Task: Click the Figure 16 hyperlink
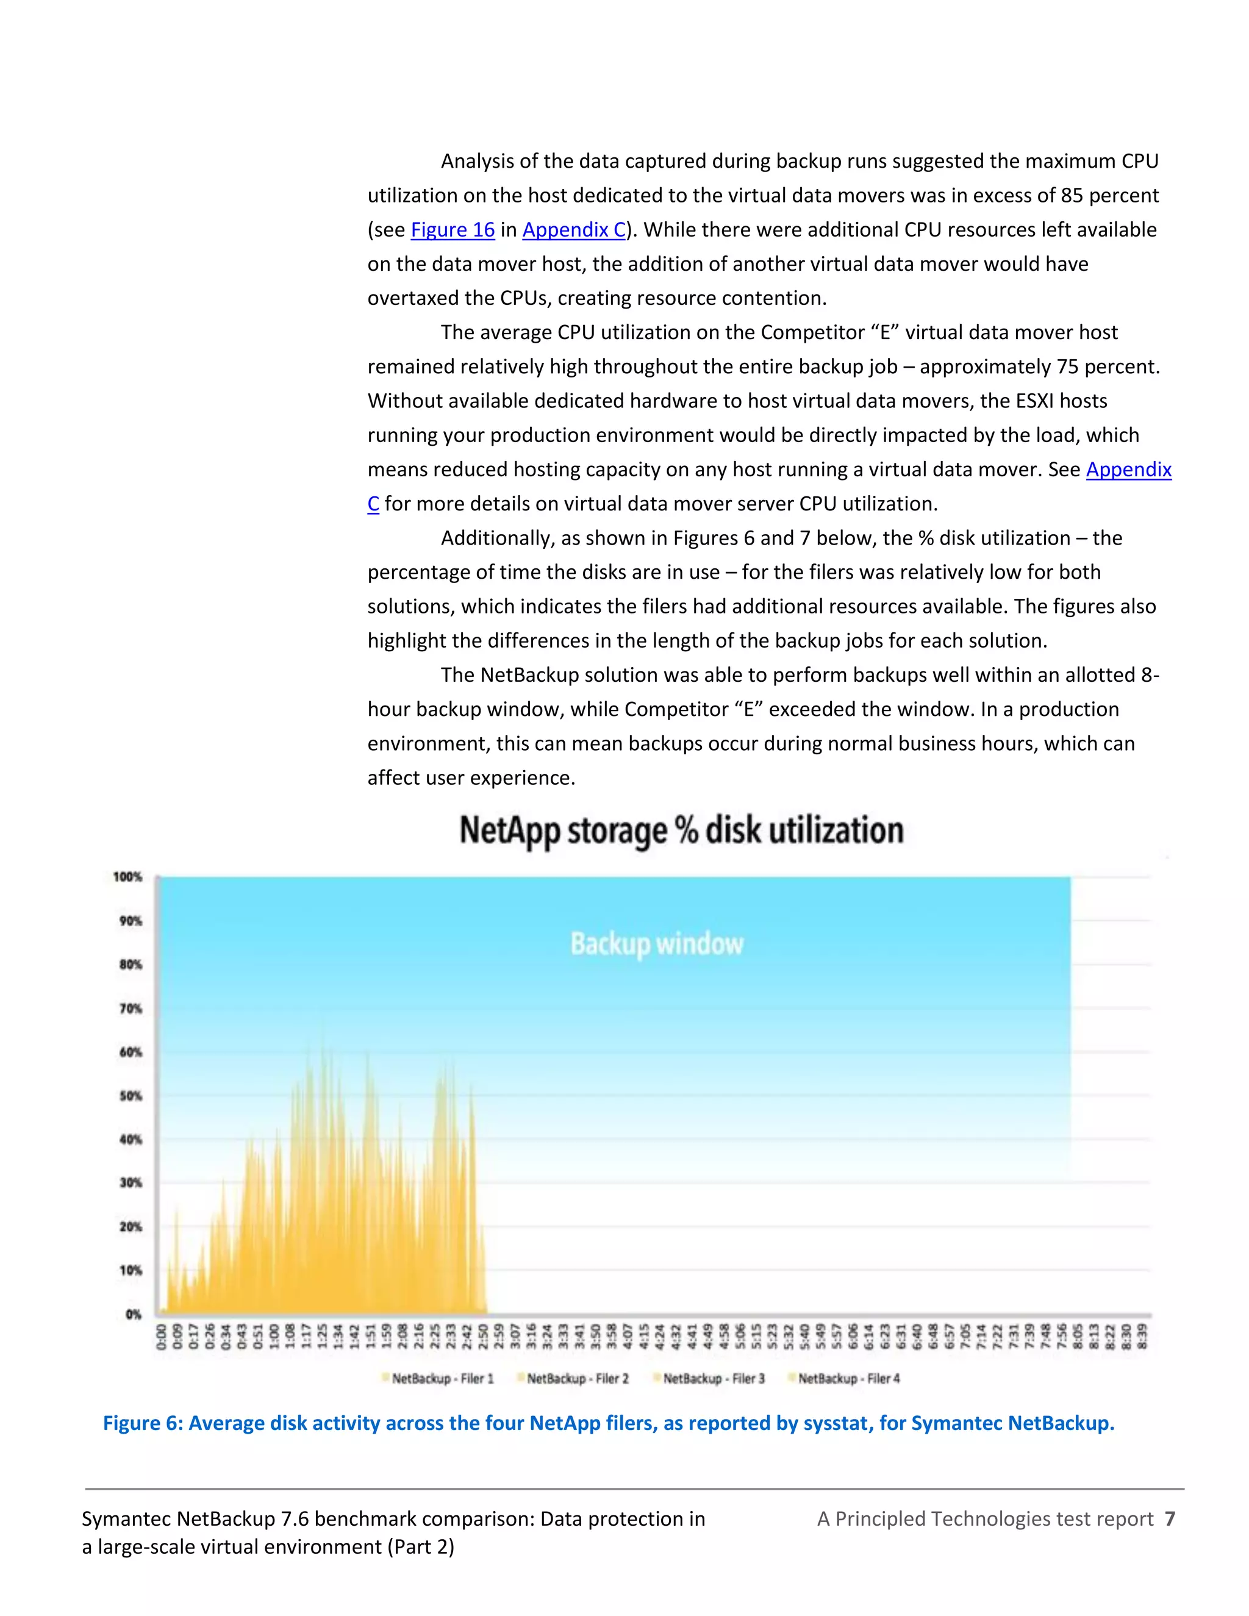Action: click(452, 230)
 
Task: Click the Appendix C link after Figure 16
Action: click(574, 230)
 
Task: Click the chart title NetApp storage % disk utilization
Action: click(681, 830)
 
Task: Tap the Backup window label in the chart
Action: click(656, 944)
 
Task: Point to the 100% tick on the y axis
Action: click(127, 877)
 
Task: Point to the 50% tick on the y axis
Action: click(131, 1096)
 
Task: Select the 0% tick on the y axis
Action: click(133, 1314)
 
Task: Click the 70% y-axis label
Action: click(131, 1009)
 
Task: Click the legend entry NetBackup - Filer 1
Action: click(442, 1379)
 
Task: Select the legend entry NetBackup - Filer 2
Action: click(577, 1379)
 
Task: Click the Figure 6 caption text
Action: click(608, 1423)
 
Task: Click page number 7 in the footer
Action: click(1169, 1519)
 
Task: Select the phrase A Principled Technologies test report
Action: click(985, 1519)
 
